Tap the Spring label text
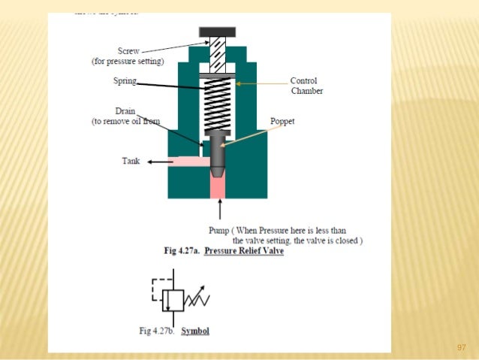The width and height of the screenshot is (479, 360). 125,81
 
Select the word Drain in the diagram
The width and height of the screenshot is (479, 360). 125,111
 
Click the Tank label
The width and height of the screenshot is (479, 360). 131,160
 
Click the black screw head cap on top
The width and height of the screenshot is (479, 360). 217,32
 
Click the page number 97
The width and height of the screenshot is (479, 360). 462,347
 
